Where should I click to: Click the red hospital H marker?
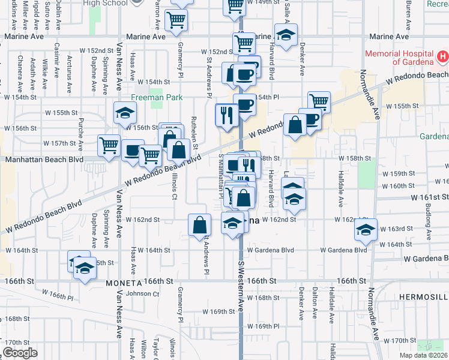(443, 58)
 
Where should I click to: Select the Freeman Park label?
(149, 97)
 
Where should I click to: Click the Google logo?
(20, 353)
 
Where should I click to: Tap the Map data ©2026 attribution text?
(424, 355)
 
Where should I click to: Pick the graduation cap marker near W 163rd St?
(366, 229)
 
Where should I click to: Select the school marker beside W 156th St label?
(125, 113)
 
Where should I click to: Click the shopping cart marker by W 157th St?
(109, 145)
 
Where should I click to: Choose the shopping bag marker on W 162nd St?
(200, 225)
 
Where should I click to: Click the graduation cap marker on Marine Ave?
(286, 34)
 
